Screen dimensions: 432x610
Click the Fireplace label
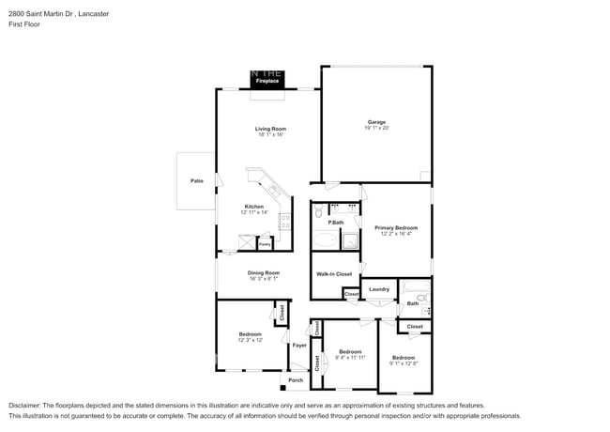pyautogui.click(x=267, y=83)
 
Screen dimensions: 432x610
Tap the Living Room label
pyautogui.click(x=270, y=129)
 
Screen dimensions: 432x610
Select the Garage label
pyautogui.click(x=376, y=122)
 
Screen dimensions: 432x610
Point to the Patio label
pyautogui.click(x=197, y=179)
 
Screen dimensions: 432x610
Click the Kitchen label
pyautogui.click(x=253, y=207)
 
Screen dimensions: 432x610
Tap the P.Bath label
pyautogui.click(x=335, y=222)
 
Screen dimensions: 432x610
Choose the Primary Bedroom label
pyautogui.click(x=396, y=227)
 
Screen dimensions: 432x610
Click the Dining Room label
pyautogui.click(x=264, y=272)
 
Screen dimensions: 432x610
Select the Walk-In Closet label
pyautogui.click(x=334, y=274)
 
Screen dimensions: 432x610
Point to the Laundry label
pyautogui.click(x=379, y=289)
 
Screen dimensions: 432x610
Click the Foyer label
pyautogui.click(x=299, y=346)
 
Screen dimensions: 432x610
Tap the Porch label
pyautogui.click(x=296, y=380)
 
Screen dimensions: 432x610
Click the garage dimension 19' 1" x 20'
pyautogui.click(x=376, y=129)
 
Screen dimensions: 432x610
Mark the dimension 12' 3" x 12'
pyautogui.click(x=250, y=340)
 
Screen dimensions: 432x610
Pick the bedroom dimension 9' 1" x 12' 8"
pyautogui.click(x=404, y=363)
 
